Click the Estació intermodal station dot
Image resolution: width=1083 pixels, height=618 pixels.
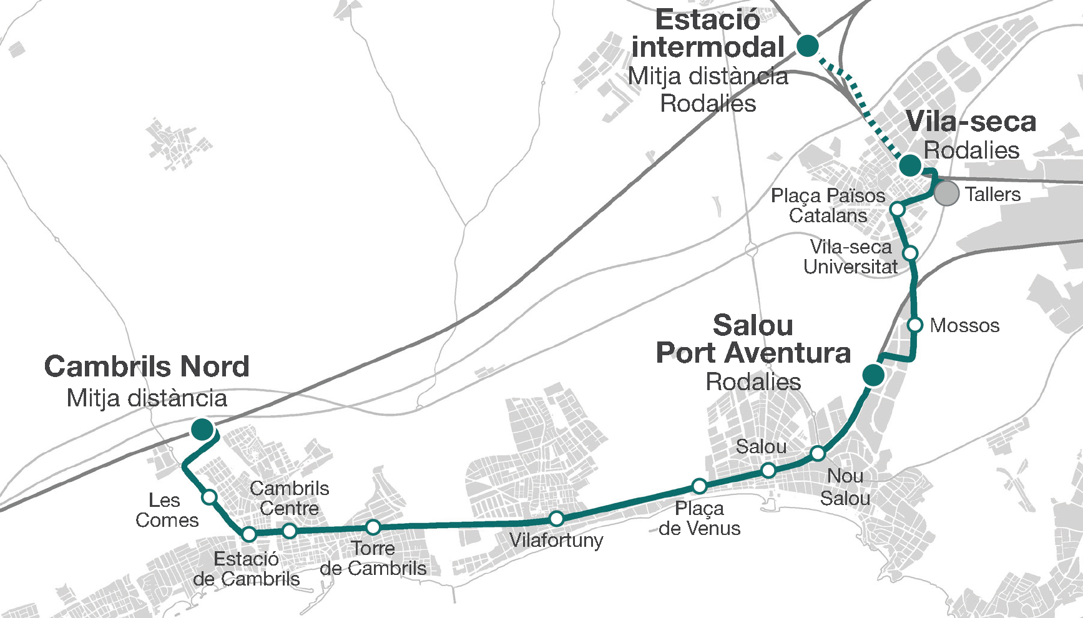point(808,46)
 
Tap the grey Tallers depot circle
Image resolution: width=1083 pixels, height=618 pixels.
point(946,194)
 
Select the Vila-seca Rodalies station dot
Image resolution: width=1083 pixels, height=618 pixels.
point(910,165)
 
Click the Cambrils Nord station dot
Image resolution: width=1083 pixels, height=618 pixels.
point(202,429)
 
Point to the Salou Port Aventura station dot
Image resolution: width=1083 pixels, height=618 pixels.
point(873,375)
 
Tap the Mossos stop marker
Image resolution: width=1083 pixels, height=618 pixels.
point(915,325)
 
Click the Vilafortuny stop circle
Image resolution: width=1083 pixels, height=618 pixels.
point(556,519)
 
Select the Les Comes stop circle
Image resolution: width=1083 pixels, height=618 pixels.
point(210,497)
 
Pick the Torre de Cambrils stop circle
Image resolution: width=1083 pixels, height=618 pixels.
point(373,527)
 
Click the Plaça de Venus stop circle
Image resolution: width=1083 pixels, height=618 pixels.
point(699,486)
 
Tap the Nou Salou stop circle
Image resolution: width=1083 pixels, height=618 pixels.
point(818,453)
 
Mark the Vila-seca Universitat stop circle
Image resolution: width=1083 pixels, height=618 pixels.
point(910,253)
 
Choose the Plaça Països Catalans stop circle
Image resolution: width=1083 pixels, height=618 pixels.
point(897,208)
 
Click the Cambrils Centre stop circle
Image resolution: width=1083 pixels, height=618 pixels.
point(289,531)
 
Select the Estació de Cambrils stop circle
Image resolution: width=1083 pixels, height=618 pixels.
point(249,534)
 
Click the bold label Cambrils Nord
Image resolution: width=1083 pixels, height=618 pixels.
point(147,366)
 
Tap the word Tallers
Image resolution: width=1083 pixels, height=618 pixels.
point(992,194)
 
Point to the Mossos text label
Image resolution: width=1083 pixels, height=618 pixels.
point(964,325)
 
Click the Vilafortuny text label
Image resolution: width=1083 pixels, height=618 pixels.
point(556,540)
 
